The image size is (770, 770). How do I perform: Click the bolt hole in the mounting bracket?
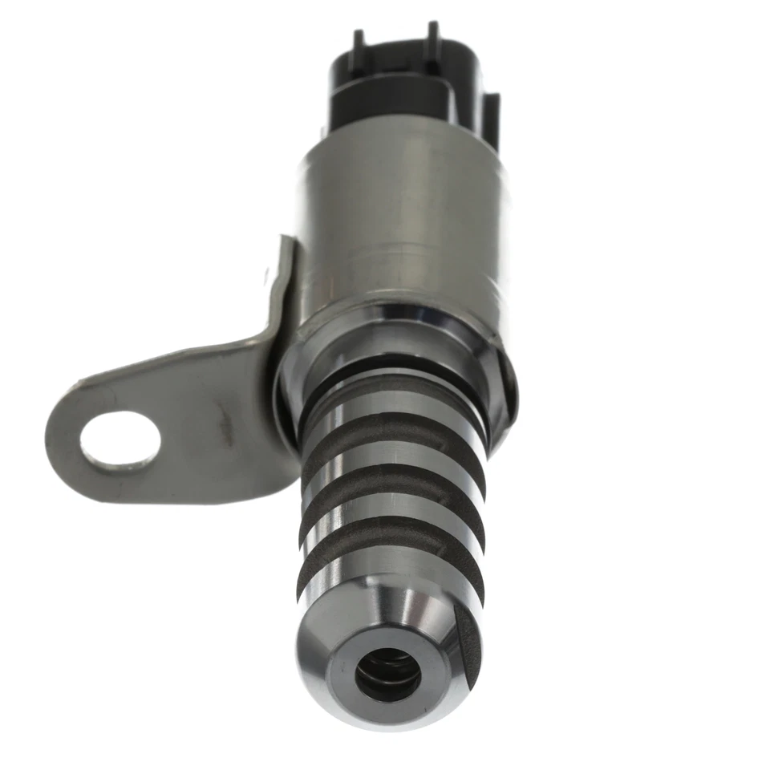120,439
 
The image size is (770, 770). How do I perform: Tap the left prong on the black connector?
359,43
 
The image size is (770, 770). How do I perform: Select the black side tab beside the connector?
489,120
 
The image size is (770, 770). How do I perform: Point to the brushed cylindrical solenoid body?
401,217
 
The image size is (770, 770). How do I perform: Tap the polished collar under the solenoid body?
393,329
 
